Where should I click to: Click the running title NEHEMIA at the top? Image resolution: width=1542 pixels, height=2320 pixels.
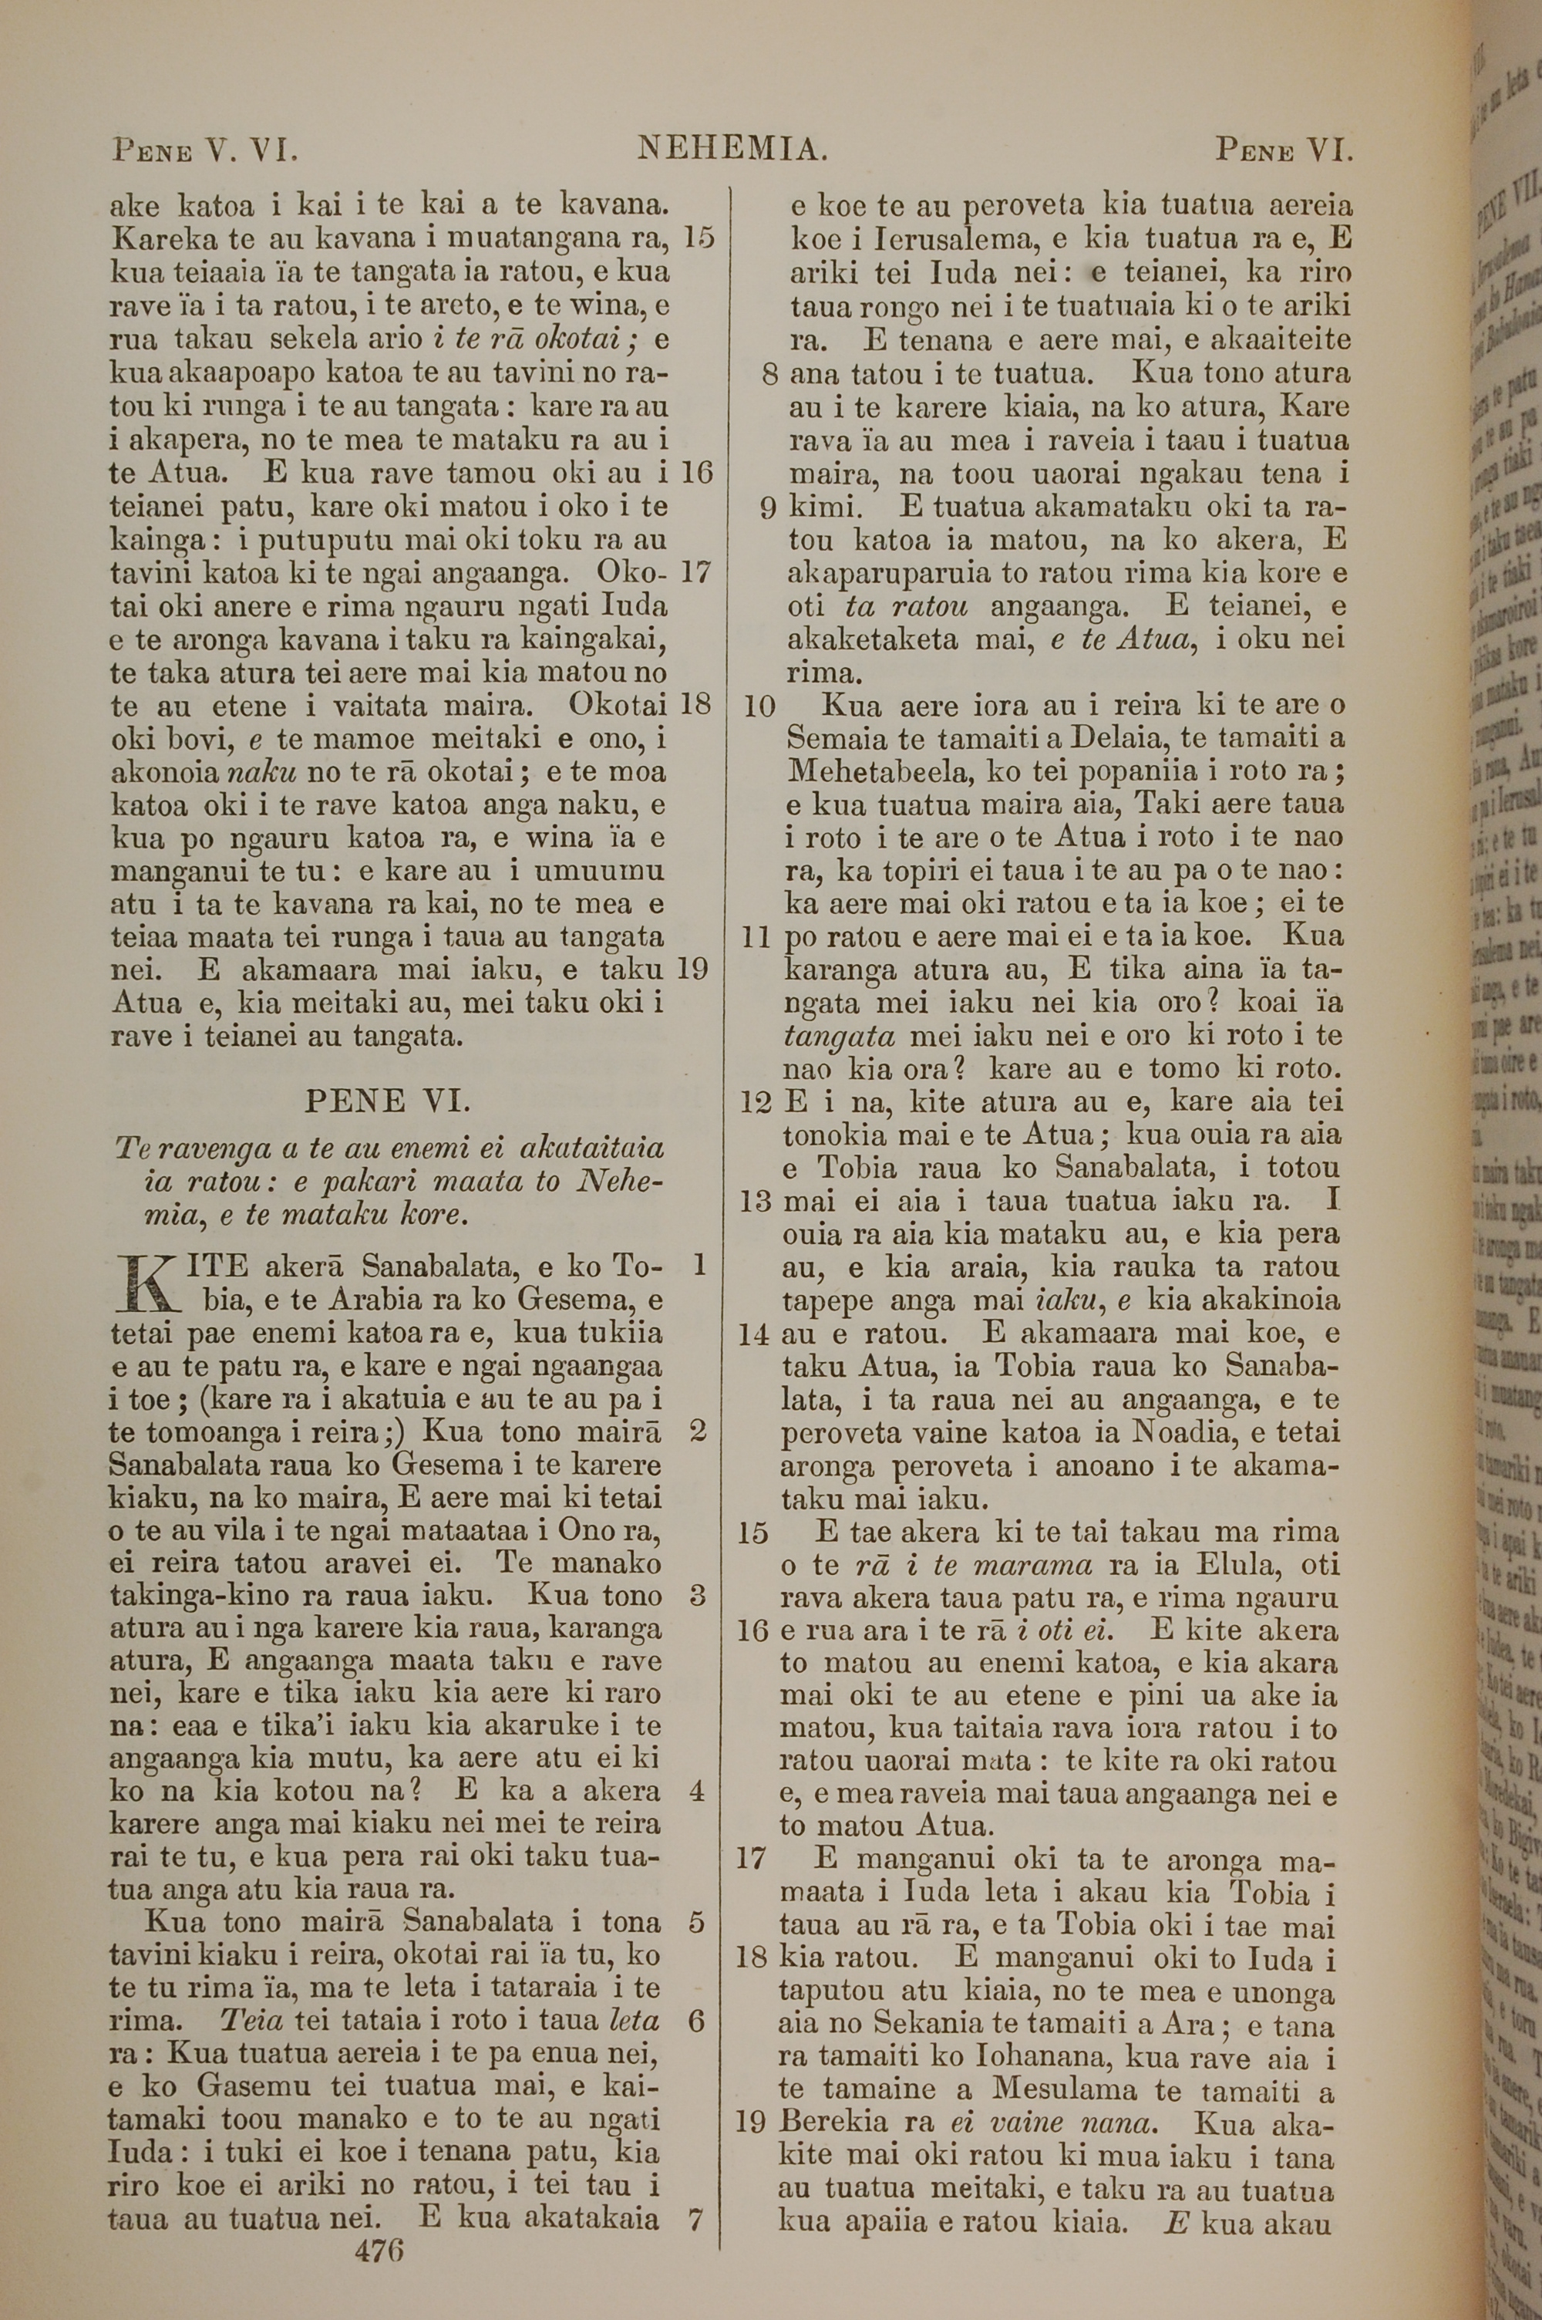[732, 150]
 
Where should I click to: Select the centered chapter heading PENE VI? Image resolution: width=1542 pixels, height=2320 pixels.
[388, 1100]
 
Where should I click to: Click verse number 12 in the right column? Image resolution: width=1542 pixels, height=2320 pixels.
[756, 1101]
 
